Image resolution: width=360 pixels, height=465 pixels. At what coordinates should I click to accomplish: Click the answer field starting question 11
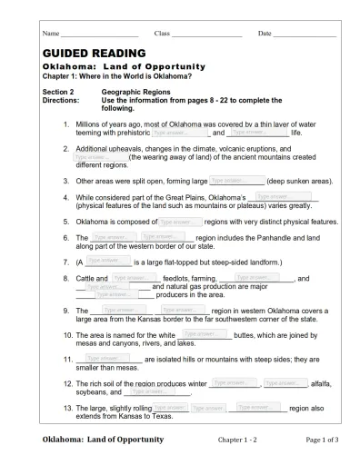point(105,359)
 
